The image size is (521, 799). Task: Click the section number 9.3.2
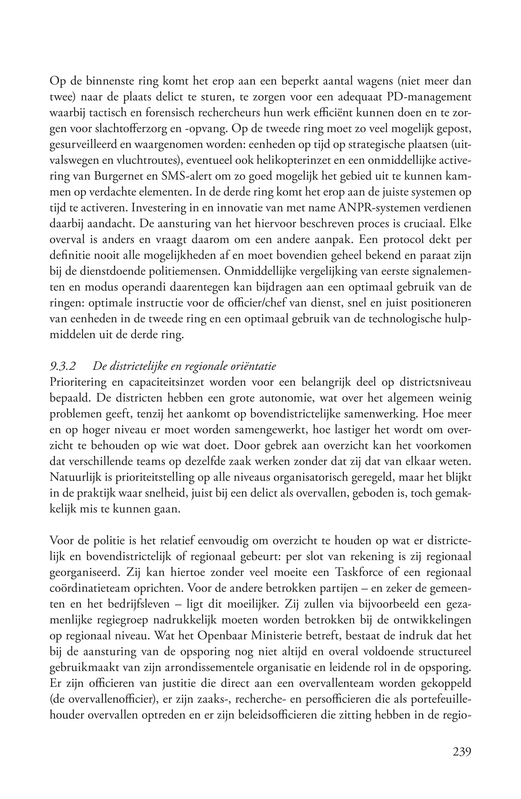pyautogui.click(x=62, y=366)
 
